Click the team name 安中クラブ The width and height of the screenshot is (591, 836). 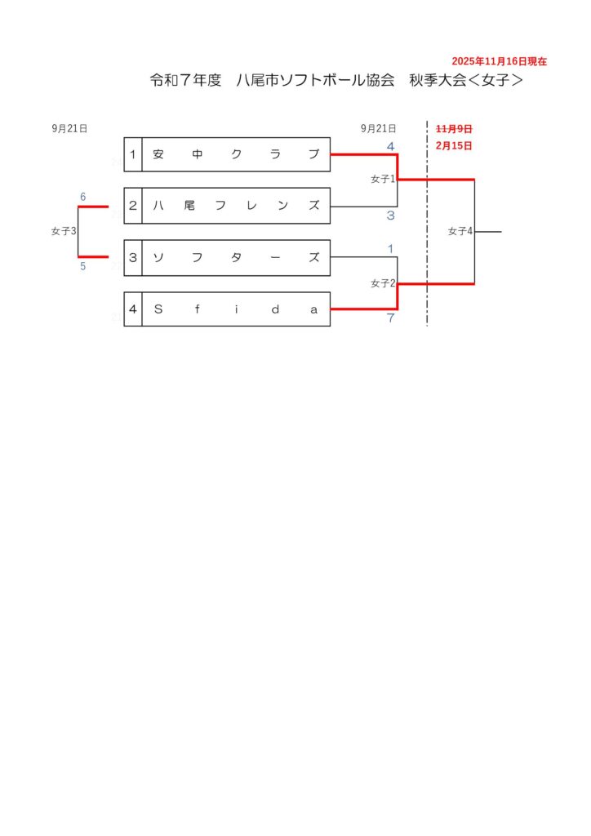tap(236, 154)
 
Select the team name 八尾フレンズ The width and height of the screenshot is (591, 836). tap(236, 206)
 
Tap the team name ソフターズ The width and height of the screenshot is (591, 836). tap(236, 258)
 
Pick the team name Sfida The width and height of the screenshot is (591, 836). tap(236, 309)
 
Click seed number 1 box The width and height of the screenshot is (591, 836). tap(133, 154)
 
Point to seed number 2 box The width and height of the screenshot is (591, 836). tap(133, 206)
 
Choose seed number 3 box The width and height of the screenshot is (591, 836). tap(133, 258)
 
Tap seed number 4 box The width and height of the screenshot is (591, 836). tap(133, 309)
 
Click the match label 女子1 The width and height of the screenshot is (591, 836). tap(383, 179)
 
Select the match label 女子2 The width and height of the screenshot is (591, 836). tap(383, 283)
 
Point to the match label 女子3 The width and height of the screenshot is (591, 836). tap(63, 231)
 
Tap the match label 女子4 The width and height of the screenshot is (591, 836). tap(460, 231)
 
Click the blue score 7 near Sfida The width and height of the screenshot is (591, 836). tap(391, 318)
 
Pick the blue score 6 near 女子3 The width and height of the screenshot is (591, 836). tap(82, 197)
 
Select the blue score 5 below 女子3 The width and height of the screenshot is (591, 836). tap(82, 266)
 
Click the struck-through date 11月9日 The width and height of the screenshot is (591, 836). tap(455, 128)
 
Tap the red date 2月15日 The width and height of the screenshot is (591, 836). tap(455, 146)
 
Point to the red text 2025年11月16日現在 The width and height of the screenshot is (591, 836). tap(499, 61)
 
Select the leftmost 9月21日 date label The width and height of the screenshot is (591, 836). tap(69, 128)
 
